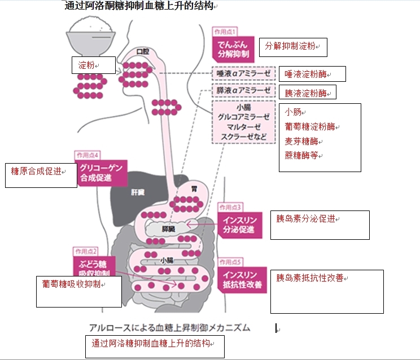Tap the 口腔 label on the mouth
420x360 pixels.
(142, 51)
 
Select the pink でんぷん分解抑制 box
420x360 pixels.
(233, 49)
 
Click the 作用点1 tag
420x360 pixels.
(225, 32)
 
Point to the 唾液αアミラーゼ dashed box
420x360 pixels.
(243, 73)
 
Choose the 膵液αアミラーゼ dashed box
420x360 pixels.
(243, 90)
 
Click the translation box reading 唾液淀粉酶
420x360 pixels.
(312, 74)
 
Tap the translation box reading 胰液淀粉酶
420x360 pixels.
(308, 93)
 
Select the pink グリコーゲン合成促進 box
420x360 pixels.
(101, 173)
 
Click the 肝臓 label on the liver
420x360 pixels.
(138, 192)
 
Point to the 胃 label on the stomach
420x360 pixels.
(194, 189)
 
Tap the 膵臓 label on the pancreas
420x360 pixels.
(168, 229)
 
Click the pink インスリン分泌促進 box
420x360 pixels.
(240, 225)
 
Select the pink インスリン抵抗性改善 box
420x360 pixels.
(242, 280)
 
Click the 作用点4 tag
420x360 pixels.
(88, 155)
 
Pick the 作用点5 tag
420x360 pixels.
(230, 262)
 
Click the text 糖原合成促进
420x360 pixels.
(36, 172)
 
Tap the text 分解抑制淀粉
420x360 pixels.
(290, 46)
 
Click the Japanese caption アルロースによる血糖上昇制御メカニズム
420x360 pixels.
(169, 328)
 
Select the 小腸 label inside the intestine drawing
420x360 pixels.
(167, 260)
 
